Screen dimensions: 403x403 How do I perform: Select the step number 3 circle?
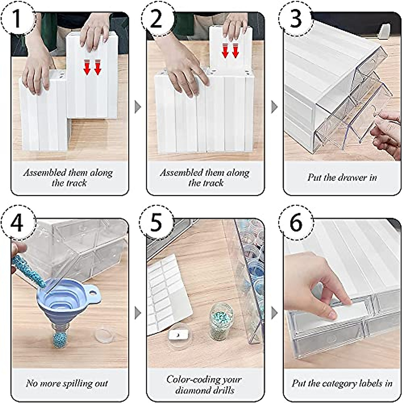click(x=295, y=18)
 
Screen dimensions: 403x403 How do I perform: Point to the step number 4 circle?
click(x=17, y=223)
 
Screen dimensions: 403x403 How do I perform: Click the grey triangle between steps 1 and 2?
click(x=138, y=107)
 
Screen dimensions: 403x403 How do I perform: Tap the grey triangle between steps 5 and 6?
click(x=275, y=313)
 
